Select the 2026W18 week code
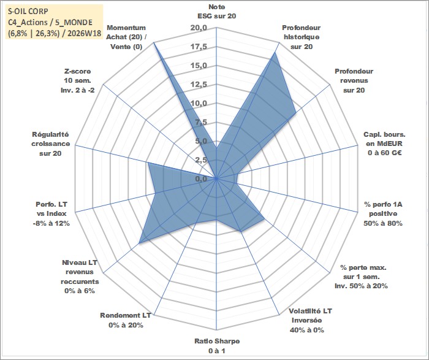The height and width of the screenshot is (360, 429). click(85, 33)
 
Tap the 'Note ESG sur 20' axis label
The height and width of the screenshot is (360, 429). click(217, 12)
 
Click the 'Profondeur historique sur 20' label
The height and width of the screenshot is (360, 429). click(302, 37)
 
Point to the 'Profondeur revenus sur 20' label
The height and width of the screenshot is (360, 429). click(354, 81)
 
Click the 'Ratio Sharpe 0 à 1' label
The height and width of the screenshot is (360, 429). click(217, 346)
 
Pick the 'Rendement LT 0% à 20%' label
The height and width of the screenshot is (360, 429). click(126, 320)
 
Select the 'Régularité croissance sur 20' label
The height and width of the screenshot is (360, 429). click(50, 144)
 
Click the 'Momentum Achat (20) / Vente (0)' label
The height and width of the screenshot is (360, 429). click(126, 37)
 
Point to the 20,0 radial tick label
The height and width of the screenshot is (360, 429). click(199, 28)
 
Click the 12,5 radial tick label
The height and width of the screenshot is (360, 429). click(199, 85)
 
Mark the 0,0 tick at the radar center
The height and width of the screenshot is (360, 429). click(202, 179)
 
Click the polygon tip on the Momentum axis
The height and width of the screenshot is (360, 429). click(154, 42)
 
